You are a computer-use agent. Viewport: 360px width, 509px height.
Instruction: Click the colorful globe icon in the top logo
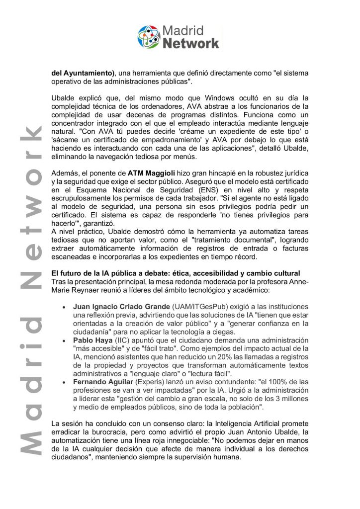click(149, 37)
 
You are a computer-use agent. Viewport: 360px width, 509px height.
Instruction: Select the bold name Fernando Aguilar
click(102, 383)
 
